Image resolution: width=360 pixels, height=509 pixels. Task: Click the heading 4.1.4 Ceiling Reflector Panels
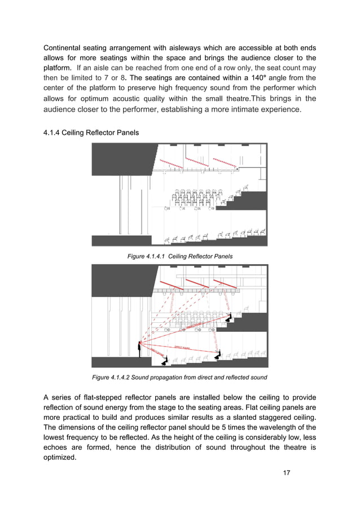tap(91, 133)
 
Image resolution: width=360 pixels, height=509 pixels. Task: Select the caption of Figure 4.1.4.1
tap(180, 256)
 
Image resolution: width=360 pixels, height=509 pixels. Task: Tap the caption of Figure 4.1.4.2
tap(180, 377)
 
